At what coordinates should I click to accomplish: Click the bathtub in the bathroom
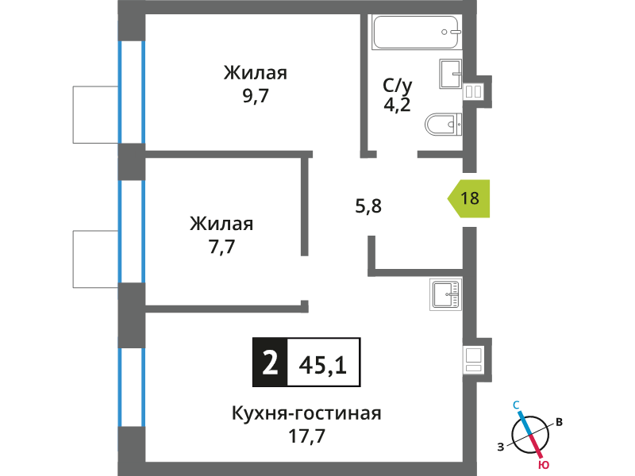click(417, 32)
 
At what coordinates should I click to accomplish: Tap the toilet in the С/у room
click(443, 125)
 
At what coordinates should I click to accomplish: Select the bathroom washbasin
click(451, 74)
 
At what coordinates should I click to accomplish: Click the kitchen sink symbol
click(445, 294)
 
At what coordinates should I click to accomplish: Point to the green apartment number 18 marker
click(468, 198)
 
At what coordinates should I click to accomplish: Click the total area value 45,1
click(323, 365)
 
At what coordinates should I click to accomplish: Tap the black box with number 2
click(270, 363)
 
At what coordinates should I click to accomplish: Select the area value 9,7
click(256, 96)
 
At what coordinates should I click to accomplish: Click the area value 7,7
click(222, 247)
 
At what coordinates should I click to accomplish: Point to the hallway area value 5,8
click(368, 206)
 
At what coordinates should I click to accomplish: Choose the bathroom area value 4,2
click(398, 105)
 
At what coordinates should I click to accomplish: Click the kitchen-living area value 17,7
click(306, 436)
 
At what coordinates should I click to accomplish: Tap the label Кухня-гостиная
click(306, 413)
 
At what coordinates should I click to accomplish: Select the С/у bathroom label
click(398, 86)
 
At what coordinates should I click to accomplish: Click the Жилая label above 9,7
click(256, 73)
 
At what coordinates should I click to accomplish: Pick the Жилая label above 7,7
click(221, 224)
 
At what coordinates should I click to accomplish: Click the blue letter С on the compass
click(517, 405)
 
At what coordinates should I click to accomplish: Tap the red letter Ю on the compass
click(544, 465)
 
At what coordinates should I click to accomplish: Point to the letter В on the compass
click(559, 422)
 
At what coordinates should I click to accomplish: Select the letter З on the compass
click(501, 447)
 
